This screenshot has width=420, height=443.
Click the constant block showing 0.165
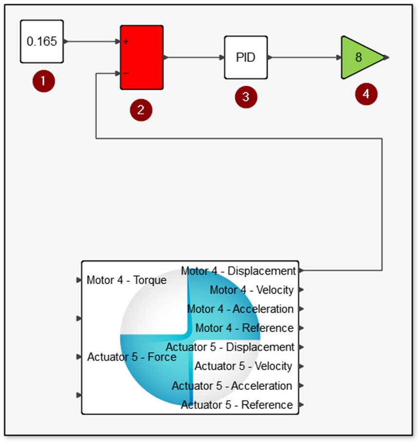tap(41, 41)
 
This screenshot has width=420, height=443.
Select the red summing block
tap(142, 58)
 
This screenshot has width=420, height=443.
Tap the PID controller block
tap(246, 57)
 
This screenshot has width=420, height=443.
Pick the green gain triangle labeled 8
tap(360, 57)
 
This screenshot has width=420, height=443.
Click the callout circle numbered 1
tap(44, 81)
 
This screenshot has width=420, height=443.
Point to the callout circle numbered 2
tap(141, 110)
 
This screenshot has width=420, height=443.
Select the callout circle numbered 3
tap(246, 96)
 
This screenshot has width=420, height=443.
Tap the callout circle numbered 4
tap(366, 94)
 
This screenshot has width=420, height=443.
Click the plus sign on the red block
tap(126, 42)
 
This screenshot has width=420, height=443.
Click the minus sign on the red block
tap(126, 74)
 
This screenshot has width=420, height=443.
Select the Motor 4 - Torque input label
tap(127, 280)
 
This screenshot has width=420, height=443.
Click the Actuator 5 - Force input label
tap(132, 357)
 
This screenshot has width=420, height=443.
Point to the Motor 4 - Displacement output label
tap(238, 270)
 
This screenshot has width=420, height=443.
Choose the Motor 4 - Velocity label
tap(251, 290)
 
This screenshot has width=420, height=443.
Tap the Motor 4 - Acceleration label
tap(240, 309)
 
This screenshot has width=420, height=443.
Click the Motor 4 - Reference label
tap(244, 328)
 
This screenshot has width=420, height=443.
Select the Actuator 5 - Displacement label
tap(230, 347)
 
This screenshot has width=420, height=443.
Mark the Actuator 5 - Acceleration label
tap(232, 385)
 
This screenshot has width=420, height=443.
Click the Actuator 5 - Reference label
tap(237, 404)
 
